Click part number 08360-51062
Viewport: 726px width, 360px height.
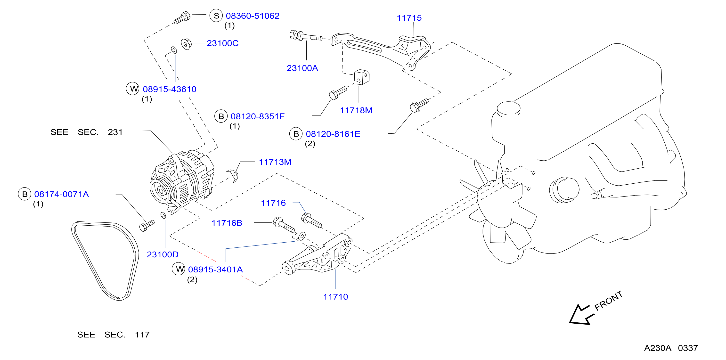(253, 16)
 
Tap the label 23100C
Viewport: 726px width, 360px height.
(223, 43)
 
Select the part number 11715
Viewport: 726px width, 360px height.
(409, 18)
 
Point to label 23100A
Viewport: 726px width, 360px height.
(302, 68)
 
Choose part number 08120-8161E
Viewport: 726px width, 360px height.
(333, 134)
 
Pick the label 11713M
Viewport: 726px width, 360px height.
(275, 162)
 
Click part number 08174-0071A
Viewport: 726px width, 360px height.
(61, 194)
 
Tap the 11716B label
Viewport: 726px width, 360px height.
(227, 223)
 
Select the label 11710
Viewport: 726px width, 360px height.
(336, 297)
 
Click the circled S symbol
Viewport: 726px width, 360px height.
(216, 16)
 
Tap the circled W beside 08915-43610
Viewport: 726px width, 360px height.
(132, 89)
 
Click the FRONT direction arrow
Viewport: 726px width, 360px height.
(581, 315)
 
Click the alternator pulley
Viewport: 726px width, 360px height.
(161, 191)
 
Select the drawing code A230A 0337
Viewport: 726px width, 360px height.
(671, 348)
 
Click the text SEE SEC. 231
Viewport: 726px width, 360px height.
(87, 132)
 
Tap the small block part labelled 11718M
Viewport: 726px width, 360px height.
(362, 77)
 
